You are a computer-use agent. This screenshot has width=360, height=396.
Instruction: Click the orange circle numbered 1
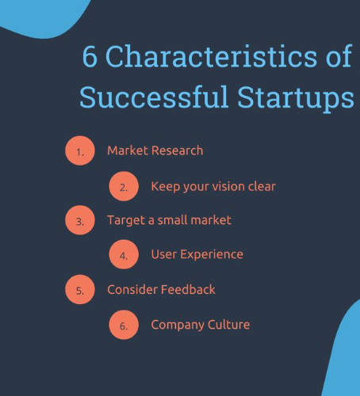[80, 150]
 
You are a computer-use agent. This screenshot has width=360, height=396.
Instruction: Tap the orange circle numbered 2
[124, 186]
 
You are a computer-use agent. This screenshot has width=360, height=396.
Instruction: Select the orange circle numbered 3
[80, 220]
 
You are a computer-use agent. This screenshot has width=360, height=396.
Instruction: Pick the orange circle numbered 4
[124, 254]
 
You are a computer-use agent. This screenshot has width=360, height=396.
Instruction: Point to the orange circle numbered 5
[80, 290]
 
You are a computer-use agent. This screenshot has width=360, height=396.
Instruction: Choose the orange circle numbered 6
[124, 325]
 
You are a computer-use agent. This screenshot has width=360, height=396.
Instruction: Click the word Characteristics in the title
[211, 56]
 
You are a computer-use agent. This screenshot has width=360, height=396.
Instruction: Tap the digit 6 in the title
[90, 56]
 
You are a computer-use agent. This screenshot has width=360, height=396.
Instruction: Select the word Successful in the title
[154, 97]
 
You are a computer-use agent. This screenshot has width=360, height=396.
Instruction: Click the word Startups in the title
[296, 99]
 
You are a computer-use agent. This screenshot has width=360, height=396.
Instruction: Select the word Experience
[212, 255]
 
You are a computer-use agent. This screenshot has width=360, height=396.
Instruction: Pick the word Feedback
[188, 289]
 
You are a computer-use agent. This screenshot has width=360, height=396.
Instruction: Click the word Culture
[228, 325]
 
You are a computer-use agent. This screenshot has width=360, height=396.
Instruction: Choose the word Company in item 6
[178, 325]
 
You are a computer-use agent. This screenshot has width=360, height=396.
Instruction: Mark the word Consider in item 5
[132, 290]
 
